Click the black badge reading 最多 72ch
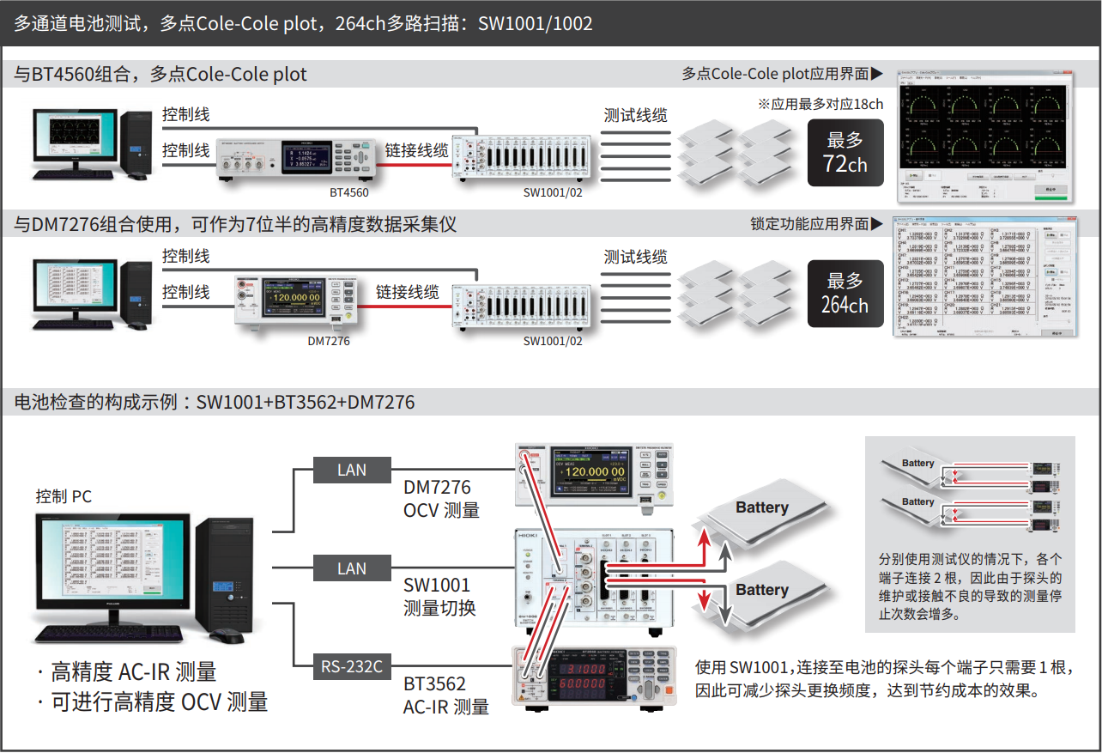[845, 152]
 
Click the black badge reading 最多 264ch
[845, 293]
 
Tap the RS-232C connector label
[352, 665]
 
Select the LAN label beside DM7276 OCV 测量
[352, 470]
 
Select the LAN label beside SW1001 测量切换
[352, 568]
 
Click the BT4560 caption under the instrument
[349, 193]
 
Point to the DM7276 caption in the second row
[329, 341]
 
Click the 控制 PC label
[64, 496]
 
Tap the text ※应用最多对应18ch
[820, 104]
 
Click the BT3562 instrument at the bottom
[592, 677]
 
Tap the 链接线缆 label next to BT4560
[416, 150]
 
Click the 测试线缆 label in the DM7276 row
[635, 257]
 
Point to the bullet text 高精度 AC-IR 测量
[133, 671]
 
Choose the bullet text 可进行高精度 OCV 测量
[159, 701]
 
